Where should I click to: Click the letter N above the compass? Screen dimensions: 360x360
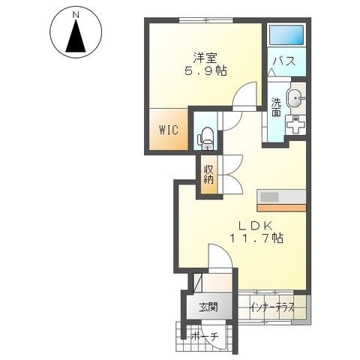point(76,15)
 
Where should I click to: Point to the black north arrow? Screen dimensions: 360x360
point(76,35)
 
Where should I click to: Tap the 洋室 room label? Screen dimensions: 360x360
point(205,58)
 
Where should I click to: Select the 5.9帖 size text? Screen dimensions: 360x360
point(205,71)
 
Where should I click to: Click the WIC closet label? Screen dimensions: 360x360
point(169,130)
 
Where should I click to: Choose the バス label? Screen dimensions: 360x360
point(284,61)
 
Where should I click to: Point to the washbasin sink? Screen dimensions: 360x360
point(295,97)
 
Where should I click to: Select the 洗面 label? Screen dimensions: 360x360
point(276,107)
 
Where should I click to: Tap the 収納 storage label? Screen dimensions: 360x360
point(208,175)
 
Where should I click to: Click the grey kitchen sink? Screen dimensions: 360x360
point(270,197)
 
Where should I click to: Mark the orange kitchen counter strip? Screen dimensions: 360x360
point(281,208)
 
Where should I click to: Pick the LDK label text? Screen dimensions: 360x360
point(255,226)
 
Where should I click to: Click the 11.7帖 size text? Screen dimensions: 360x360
point(256,238)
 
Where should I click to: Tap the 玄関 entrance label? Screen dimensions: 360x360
point(208,307)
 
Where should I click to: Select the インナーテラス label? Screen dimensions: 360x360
point(272,307)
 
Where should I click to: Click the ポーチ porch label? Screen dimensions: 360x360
point(205,337)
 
